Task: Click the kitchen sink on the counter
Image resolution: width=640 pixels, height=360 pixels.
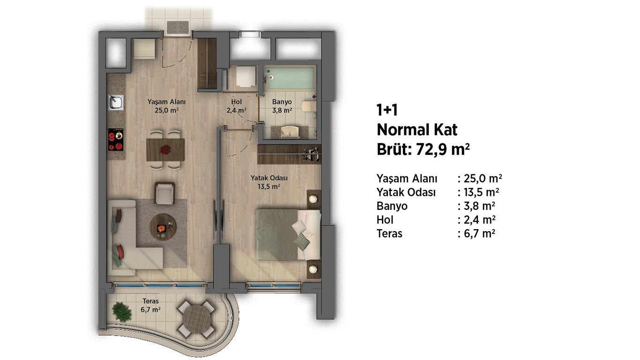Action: point(116,102)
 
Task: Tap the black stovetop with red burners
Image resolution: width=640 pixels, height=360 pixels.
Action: point(116,139)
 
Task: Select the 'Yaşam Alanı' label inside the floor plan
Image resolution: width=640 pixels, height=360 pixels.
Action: point(167,102)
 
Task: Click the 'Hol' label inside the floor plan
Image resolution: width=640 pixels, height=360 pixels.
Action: point(237,102)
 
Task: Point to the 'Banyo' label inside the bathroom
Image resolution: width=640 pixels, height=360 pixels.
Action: point(282,102)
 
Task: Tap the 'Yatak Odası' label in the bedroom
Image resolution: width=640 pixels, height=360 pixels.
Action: point(269,178)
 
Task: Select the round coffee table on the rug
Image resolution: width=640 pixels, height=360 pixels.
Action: point(163,227)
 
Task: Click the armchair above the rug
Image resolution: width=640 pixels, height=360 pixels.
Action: point(164,193)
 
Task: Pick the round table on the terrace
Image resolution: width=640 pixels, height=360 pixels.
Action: point(197,319)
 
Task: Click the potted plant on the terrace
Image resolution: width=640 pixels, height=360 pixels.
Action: point(122,312)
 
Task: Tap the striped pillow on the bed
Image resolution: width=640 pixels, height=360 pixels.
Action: point(302,241)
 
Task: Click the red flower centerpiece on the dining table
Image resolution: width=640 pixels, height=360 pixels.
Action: point(164,150)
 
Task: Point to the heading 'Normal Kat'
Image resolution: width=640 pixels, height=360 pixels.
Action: point(417,130)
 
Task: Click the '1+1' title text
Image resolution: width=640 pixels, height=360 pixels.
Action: point(387,110)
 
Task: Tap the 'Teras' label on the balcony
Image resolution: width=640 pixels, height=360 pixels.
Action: point(150,301)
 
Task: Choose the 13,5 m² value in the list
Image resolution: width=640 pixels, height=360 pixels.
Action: point(481,192)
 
